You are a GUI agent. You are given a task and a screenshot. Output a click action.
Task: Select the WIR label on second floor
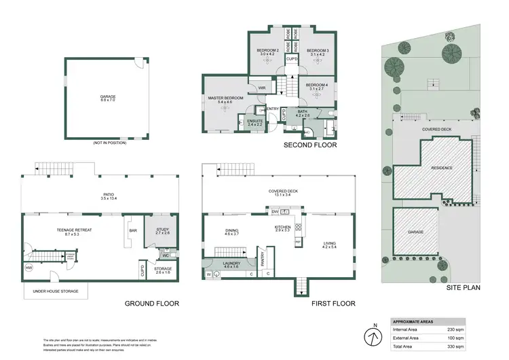(261, 88)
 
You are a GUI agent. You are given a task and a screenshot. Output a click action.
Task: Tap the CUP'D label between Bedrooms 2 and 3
(291, 59)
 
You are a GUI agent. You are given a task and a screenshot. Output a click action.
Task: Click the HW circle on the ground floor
(29, 267)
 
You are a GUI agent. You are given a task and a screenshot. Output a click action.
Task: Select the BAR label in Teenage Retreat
(132, 230)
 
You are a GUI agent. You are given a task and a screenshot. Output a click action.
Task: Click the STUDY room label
(162, 230)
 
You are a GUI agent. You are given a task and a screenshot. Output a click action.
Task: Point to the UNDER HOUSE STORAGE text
(55, 291)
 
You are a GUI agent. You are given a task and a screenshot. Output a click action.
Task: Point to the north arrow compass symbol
(371, 335)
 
